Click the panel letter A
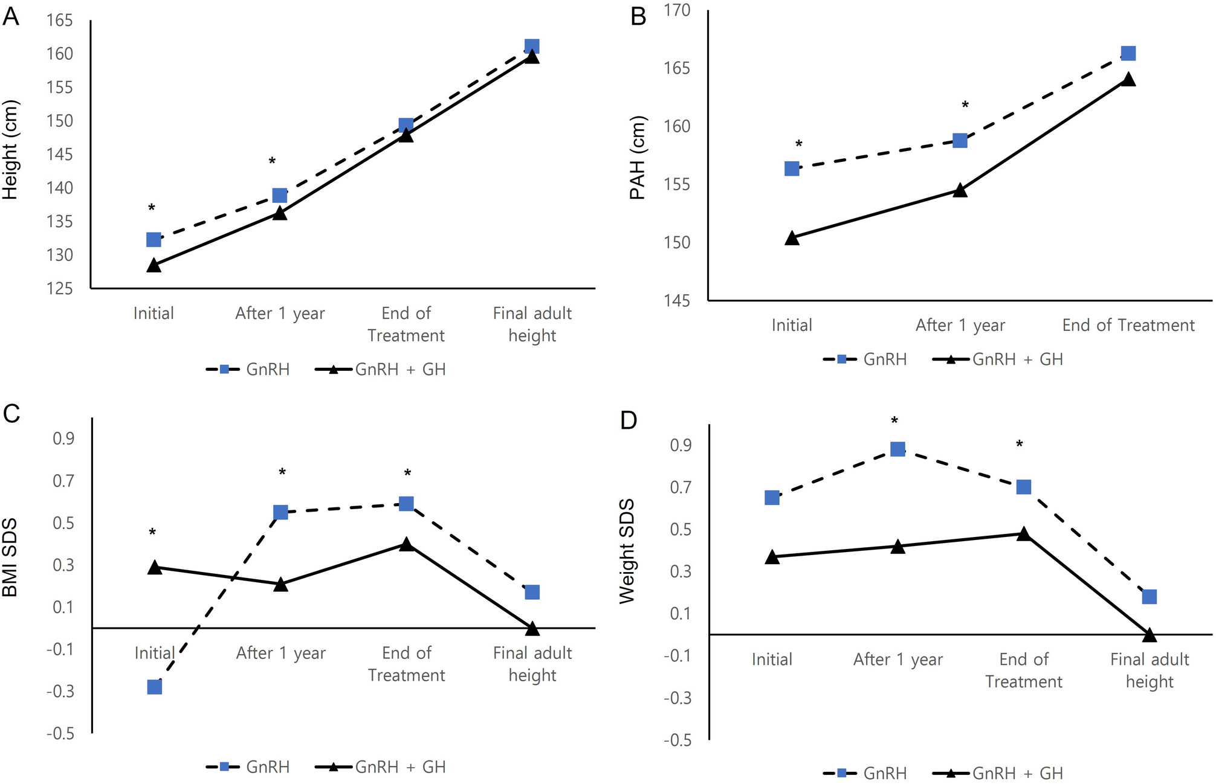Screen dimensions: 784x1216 click(x=11, y=16)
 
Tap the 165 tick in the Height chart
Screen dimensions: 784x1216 click(x=59, y=21)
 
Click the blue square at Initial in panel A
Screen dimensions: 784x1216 click(x=154, y=240)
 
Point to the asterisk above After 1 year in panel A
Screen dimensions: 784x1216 click(x=272, y=161)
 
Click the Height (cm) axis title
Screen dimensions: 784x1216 click(x=10, y=150)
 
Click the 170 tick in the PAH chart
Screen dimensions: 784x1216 click(x=676, y=10)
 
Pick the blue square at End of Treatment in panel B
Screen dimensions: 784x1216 click(x=1128, y=54)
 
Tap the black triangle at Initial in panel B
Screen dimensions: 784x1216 click(x=792, y=239)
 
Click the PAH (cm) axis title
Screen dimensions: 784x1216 click(x=637, y=157)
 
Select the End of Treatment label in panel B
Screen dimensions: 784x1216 click(x=1128, y=325)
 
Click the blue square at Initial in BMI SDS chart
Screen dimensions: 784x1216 click(x=155, y=687)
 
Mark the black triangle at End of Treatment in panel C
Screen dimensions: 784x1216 click(x=407, y=544)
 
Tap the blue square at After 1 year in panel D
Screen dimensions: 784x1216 click(x=897, y=449)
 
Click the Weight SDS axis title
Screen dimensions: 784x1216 click(x=627, y=551)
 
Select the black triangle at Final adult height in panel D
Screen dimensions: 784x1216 click(x=1149, y=635)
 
